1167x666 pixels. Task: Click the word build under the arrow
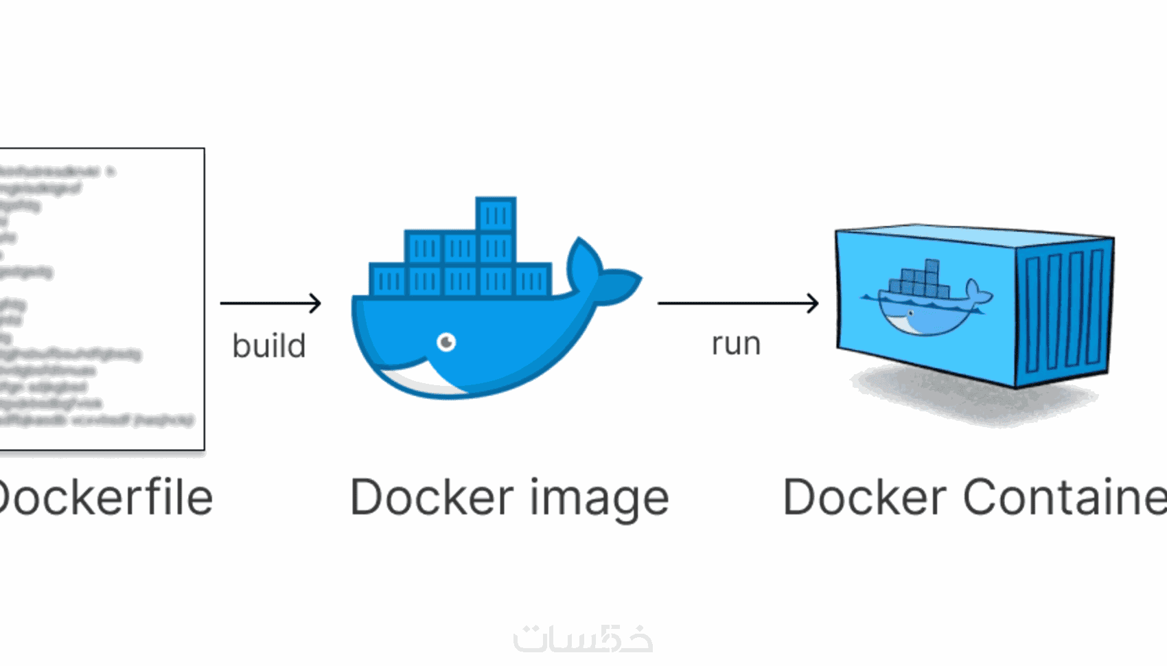[268, 345]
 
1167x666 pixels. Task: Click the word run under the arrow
[736, 344]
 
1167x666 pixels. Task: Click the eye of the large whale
[446, 341]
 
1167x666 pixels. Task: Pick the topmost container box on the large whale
[496, 214]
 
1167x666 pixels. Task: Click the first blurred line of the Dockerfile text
[55, 172]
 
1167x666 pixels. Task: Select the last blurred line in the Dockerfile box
[96, 419]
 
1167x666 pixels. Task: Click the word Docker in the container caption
[864, 497]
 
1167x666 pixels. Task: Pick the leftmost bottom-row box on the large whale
[389, 280]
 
